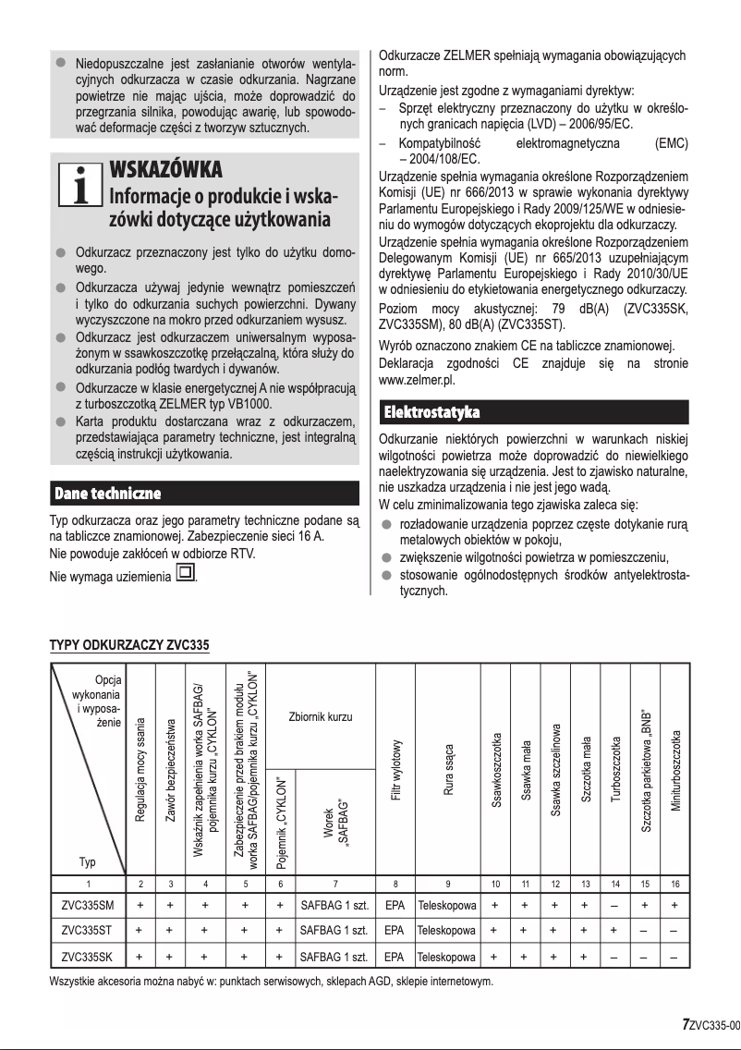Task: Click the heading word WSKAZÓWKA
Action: [165, 171]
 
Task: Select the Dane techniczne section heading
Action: [108, 492]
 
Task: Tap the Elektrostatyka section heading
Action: [431, 410]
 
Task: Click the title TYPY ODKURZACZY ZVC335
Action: [129, 644]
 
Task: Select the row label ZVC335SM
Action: [88, 904]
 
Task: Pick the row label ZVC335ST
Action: [88, 930]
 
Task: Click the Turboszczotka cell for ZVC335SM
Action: [615, 904]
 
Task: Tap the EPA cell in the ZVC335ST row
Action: [395, 930]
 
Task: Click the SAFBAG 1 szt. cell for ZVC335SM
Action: [334, 904]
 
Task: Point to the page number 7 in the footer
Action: [685, 1024]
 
